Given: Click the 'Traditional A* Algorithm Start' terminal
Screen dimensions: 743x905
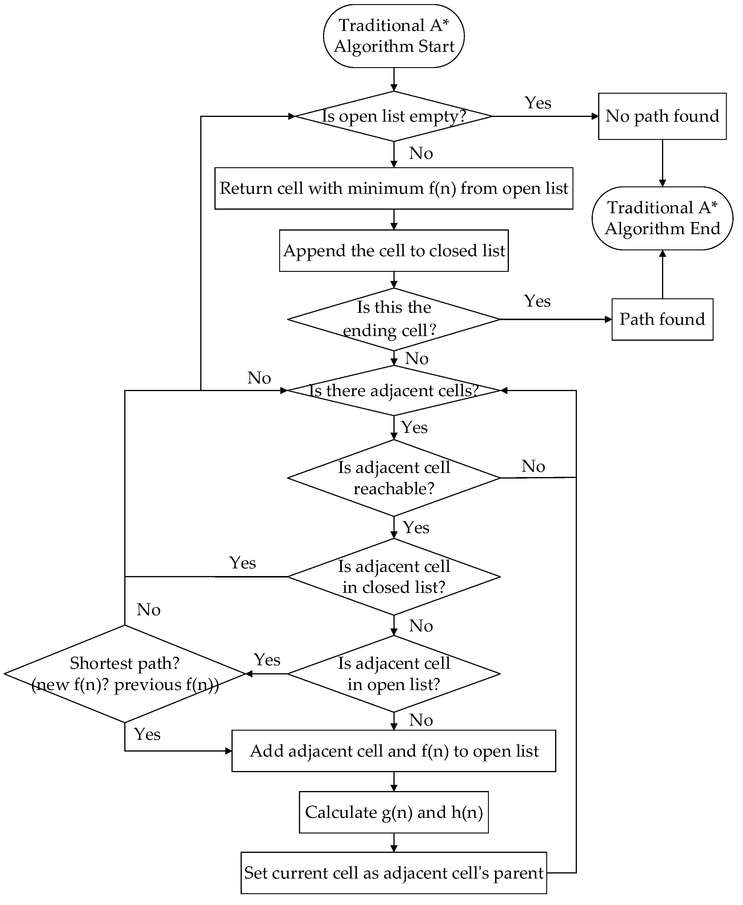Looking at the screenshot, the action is pyautogui.click(x=394, y=36).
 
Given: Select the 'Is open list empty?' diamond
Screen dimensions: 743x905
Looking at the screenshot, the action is pyautogui.click(x=394, y=116).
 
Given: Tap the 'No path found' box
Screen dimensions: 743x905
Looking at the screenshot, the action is pyautogui.click(x=662, y=116).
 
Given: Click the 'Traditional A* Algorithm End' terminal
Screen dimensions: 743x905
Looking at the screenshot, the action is pyautogui.click(x=662, y=218).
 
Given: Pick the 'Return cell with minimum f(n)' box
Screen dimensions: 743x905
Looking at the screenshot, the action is pyautogui.click(x=394, y=188).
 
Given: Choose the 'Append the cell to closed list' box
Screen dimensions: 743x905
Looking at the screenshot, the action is pyautogui.click(x=394, y=251).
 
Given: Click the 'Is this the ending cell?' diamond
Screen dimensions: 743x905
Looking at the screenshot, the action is pyautogui.click(x=394, y=319).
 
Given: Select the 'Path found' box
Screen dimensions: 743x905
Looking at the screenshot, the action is pyautogui.click(x=662, y=319).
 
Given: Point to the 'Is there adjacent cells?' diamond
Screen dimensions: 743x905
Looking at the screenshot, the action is pyautogui.click(x=394, y=390).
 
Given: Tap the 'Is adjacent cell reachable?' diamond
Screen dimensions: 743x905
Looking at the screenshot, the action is pyautogui.click(x=394, y=478).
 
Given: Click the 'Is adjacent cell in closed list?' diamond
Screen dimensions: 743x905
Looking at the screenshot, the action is pyautogui.click(x=394, y=577).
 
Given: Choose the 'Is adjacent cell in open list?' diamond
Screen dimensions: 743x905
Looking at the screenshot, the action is pyautogui.click(x=394, y=674).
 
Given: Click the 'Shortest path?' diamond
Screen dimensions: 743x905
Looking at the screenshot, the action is pyautogui.click(x=125, y=674).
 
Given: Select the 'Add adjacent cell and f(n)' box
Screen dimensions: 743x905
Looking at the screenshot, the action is pyautogui.click(x=394, y=751).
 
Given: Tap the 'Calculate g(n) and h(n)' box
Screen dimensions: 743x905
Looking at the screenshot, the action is pyautogui.click(x=394, y=812).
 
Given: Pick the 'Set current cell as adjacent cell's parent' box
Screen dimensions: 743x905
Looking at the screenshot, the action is pyautogui.click(x=394, y=873).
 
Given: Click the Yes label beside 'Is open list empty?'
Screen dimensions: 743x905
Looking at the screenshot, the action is pyautogui.click(x=538, y=103).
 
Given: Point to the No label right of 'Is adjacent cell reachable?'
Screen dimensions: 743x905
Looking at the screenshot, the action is pyautogui.click(x=533, y=466).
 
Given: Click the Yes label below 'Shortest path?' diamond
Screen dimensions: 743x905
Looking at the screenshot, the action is pyautogui.click(x=147, y=734).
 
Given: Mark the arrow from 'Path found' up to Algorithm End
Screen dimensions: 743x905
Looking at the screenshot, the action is pyautogui.click(x=663, y=274).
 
